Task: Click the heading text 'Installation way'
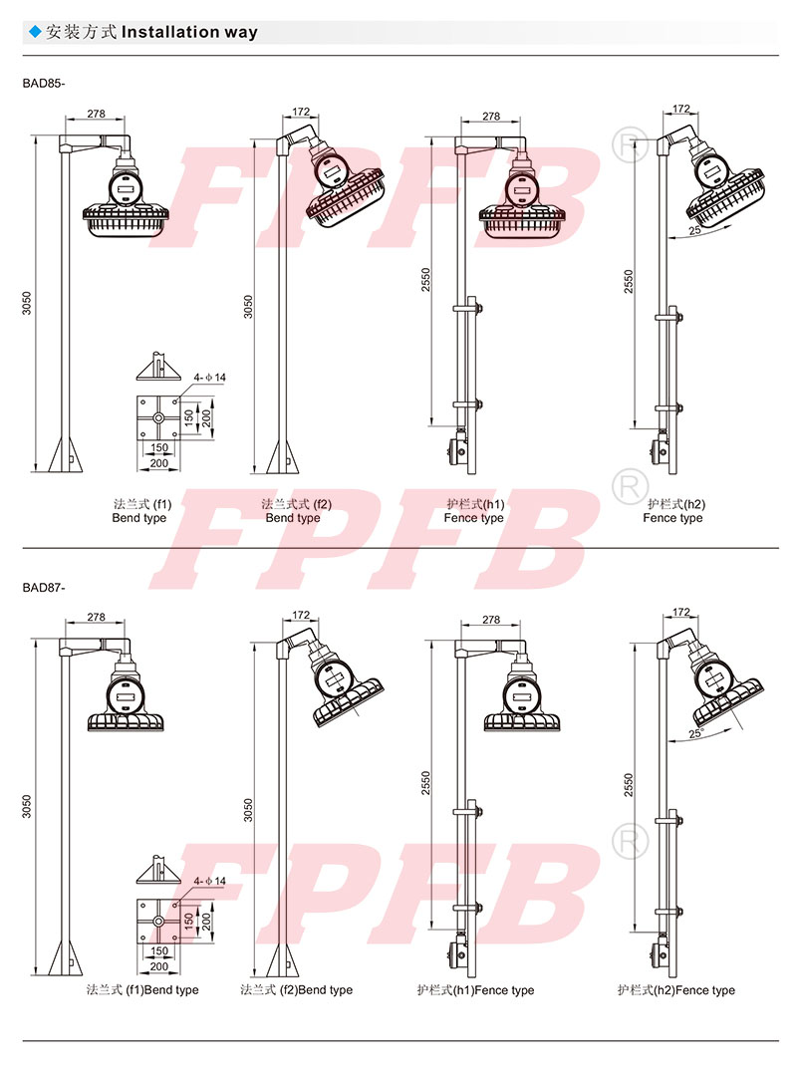coord(189,32)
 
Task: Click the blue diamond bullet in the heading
coord(35,32)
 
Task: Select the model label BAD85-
coord(43,84)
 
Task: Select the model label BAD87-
coord(43,587)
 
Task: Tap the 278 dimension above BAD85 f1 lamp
coord(96,114)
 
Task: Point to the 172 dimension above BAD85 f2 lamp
coord(301,112)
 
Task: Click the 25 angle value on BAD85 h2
coord(694,231)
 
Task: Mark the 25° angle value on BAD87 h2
coord(696,734)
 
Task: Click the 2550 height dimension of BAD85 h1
coord(425,281)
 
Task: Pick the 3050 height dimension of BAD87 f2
coord(248,810)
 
